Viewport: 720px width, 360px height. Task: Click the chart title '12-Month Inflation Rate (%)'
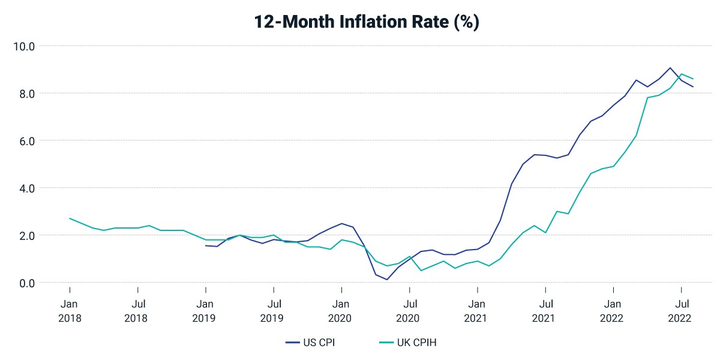coord(367,22)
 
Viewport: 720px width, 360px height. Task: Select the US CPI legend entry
coord(310,343)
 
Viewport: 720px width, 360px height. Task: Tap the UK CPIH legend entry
coord(408,343)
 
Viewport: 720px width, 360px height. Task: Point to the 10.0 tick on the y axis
coord(24,47)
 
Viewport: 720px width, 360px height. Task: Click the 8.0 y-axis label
coord(27,94)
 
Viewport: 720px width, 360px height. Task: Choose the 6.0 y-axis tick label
coord(27,141)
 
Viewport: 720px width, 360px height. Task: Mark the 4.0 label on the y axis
coord(27,188)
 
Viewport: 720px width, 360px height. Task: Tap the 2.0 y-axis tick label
coord(27,236)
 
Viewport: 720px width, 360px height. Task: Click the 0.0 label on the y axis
coord(27,283)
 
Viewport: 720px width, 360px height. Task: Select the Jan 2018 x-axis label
coord(70,311)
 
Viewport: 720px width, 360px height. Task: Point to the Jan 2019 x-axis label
coord(205,311)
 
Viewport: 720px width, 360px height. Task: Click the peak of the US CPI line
coord(670,68)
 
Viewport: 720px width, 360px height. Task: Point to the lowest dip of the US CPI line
coord(386,280)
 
